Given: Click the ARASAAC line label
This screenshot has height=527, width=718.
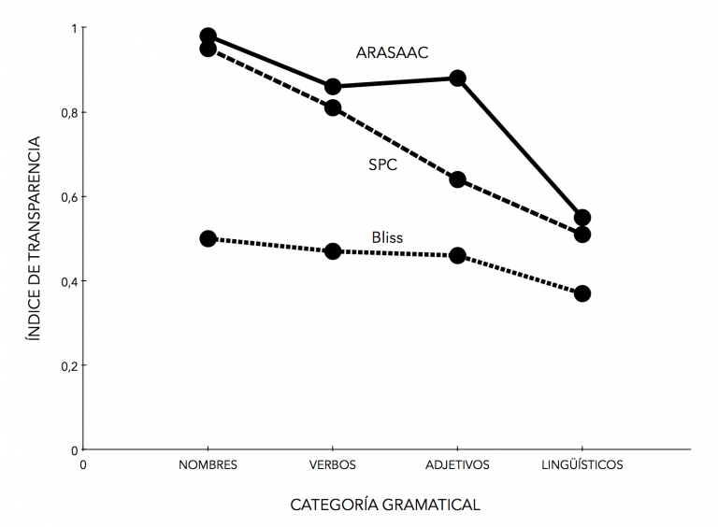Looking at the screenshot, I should pyautogui.click(x=392, y=52).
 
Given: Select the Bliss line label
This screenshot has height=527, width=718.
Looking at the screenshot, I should pyautogui.click(x=386, y=237).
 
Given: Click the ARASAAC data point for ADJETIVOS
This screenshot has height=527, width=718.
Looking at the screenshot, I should pyautogui.click(x=458, y=78).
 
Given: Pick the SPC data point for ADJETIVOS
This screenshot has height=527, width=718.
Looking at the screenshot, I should pyautogui.click(x=458, y=179).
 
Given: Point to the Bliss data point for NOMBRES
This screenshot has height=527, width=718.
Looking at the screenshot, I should pyautogui.click(x=208, y=238).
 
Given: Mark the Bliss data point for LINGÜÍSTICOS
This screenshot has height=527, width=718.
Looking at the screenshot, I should pyautogui.click(x=582, y=293).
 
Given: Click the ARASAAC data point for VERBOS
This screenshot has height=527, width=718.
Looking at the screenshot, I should pyautogui.click(x=333, y=87).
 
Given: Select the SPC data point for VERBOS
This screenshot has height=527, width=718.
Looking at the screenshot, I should pyautogui.click(x=333, y=107).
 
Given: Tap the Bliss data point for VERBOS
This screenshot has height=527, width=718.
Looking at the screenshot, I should pyautogui.click(x=333, y=251).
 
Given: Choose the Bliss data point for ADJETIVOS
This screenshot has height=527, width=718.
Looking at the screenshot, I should pyautogui.click(x=458, y=255).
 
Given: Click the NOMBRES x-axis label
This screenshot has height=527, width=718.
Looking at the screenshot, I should pyautogui.click(x=208, y=464).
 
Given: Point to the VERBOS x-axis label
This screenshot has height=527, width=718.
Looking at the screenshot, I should pyautogui.click(x=333, y=464).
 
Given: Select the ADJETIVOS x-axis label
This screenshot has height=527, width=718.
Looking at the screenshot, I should pyautogui.click(x=457, y=464).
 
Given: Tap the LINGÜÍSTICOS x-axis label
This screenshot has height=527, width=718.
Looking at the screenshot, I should pyautogui.click(x=582, y=464).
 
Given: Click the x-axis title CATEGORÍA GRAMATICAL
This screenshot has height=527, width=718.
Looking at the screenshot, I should pyautogui.click(x=385, y=505).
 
